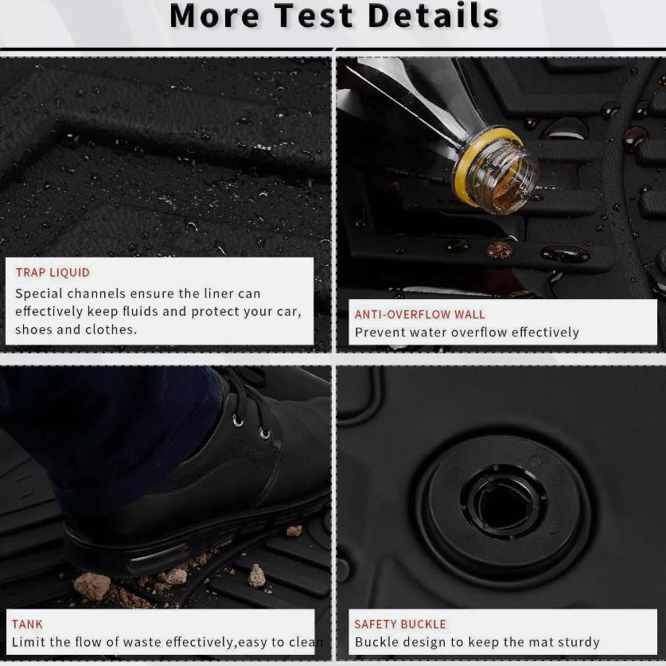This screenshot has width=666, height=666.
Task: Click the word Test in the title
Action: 314,16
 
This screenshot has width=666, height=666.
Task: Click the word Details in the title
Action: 434,16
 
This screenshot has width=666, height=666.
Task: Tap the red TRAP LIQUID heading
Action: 53,272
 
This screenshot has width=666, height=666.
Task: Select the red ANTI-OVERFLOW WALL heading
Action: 419,314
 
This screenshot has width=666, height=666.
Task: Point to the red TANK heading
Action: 27,624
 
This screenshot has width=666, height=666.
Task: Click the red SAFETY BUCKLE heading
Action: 400,624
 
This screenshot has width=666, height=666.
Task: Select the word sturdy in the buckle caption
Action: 578,642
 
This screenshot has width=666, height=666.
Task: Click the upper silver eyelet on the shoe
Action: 238,421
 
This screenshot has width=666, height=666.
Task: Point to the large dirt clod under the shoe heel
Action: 92,586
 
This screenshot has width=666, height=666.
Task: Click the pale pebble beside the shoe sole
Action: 256,575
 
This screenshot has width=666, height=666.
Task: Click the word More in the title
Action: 215,16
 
